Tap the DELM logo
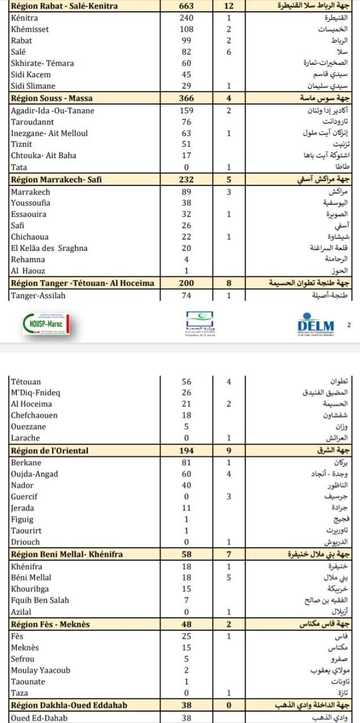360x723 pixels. (315, 325)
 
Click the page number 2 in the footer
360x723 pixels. (349, 325)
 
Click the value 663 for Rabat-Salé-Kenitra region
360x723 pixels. (186, 6)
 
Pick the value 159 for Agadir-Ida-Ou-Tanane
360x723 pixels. (186, 111)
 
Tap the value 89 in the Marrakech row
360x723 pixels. (186, 192)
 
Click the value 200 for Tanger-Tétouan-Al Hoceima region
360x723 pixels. (186, 283)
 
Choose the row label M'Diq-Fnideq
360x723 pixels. (36, 393)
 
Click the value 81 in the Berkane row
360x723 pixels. (186, 463)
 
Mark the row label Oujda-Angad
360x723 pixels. (34, 474)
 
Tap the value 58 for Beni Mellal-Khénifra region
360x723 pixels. (186, 555)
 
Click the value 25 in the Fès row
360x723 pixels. (186, 637)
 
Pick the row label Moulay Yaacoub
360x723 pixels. (39, 670)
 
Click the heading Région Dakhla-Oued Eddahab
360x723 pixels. (69, 705)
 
